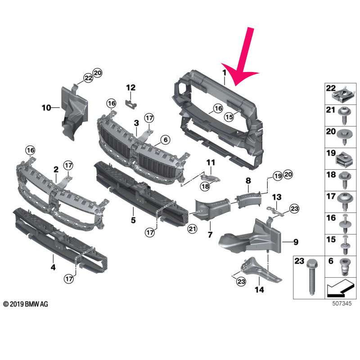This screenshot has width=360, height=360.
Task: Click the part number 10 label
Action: click(46, 108)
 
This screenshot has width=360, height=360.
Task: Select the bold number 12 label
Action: click(130, 87)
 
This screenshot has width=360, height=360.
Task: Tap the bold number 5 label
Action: click(133, 220)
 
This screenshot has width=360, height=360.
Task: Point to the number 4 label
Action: click(53, 267)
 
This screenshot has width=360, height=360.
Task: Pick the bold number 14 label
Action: click(259, 289)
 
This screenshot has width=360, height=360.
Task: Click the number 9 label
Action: click(296, 242)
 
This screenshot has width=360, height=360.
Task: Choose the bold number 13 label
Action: click(277, 197)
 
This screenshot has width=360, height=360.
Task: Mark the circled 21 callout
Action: click(192, 229)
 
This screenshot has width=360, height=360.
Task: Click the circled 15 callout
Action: click(229, 117)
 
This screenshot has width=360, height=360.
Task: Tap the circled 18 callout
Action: click(205, 186)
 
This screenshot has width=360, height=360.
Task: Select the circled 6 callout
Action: click(166, 139)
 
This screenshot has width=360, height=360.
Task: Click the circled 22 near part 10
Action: click(88, 78)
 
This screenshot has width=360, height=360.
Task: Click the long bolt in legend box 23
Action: click(311, 277)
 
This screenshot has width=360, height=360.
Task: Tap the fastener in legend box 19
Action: click(343, 160)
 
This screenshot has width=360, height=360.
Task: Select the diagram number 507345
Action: click(342, 303)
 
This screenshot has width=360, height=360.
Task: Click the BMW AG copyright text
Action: click(26, 304)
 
